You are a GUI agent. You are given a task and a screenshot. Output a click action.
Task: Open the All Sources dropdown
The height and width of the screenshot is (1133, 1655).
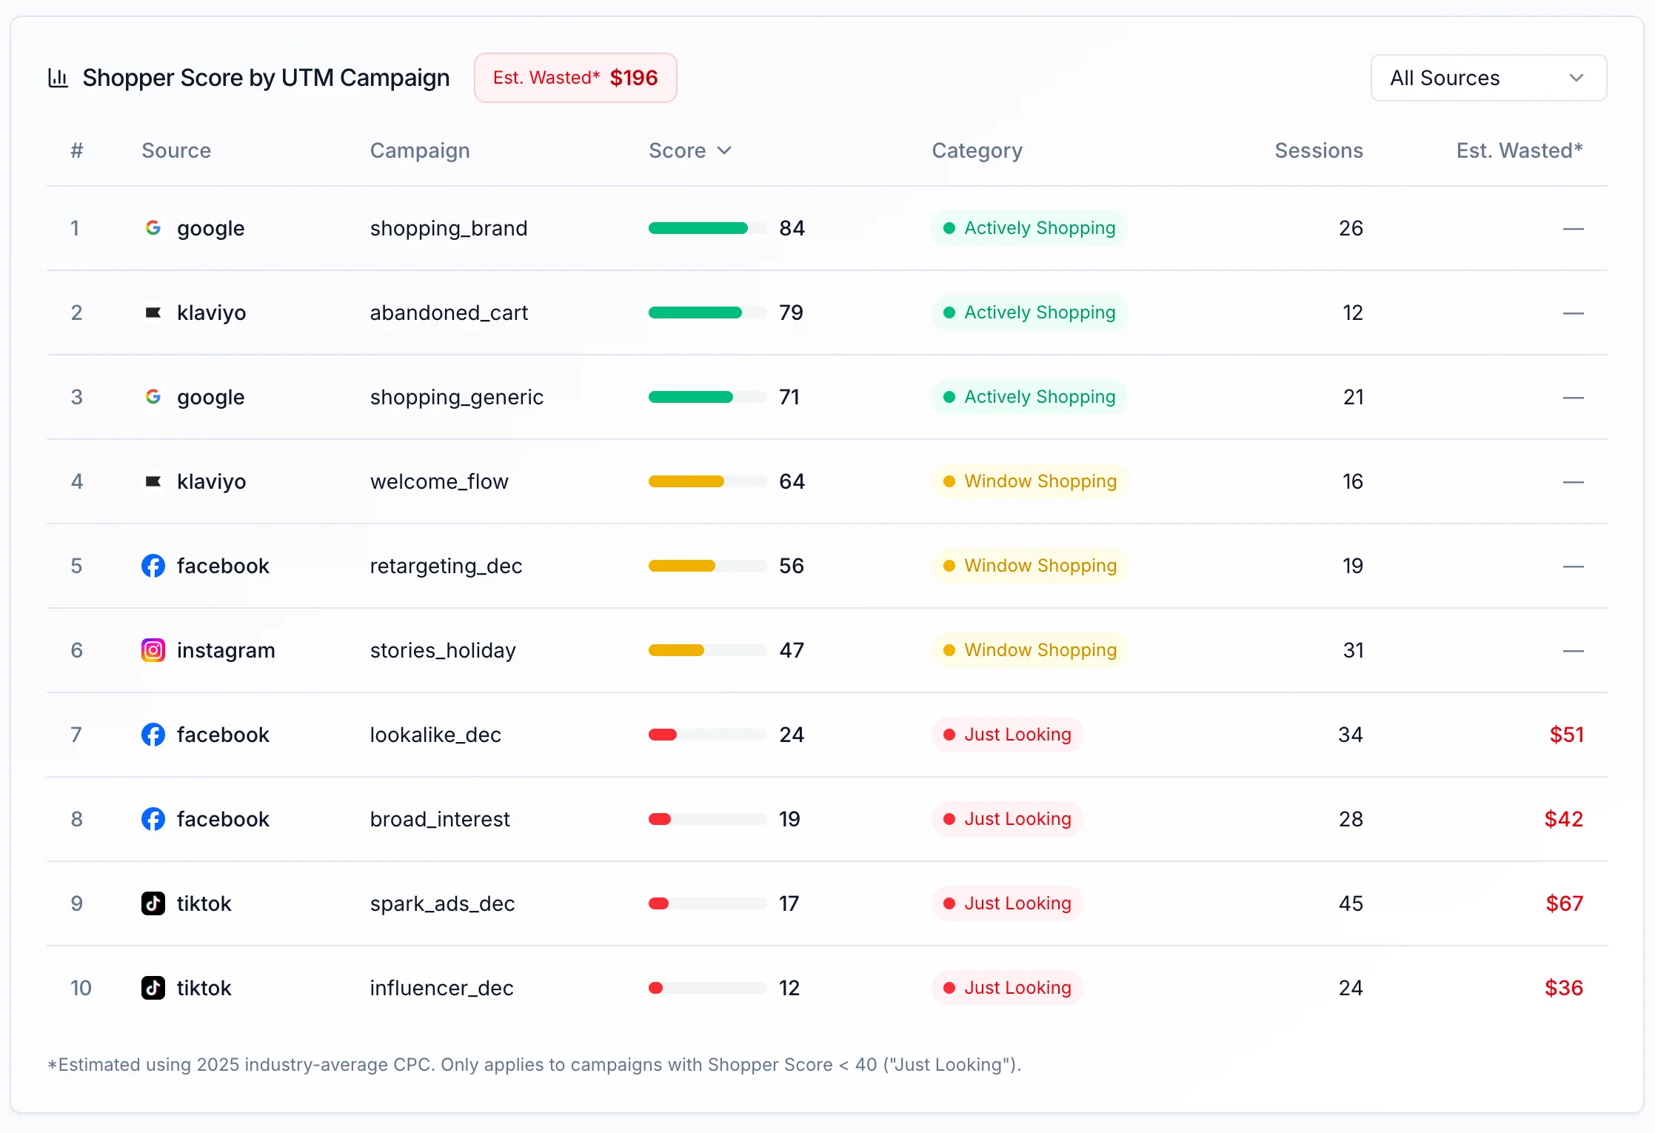[x=1488, y=78]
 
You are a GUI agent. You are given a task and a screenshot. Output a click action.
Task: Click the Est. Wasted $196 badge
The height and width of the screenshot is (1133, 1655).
[x=575, y=78]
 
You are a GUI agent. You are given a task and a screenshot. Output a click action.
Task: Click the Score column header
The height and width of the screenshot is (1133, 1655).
[x=689, y=150]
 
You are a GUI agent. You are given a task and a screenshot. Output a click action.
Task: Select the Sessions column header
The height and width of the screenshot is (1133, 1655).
[x=1318, y=150]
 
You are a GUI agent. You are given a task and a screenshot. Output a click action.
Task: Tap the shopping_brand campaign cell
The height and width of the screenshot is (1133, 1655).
[x=448, y=228]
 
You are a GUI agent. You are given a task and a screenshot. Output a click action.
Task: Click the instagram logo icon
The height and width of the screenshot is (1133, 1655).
[x=153, y=650]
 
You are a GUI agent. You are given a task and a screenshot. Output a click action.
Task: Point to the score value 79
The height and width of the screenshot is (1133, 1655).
[x=791, y=313]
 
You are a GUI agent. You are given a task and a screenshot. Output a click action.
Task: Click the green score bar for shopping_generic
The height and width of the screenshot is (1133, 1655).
[x=691, y=397]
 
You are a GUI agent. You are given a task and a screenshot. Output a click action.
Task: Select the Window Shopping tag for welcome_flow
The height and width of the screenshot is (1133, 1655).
[x=1029, y=481]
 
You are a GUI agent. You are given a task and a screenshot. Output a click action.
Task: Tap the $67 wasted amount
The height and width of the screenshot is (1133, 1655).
[x=1564, y=903]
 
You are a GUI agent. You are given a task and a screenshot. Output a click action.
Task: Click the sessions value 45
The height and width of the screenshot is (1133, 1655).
[x=1351, y=903]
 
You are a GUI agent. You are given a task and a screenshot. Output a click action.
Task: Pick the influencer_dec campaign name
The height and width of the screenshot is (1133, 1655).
[x=441, y=988]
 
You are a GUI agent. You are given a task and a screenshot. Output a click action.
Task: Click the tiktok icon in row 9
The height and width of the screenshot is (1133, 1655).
[x=153, y=903]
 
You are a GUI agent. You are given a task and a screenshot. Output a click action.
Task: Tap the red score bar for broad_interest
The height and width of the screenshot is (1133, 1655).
[x=660, y=819]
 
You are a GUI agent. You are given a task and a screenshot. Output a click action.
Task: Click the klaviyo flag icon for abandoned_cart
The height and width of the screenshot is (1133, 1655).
[x=153, y=313]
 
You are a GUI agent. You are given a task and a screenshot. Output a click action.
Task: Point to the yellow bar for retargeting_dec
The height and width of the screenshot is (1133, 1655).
[x=682, y=566]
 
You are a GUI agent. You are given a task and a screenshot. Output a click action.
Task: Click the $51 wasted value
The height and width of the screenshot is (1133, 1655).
[x=1566, y=735]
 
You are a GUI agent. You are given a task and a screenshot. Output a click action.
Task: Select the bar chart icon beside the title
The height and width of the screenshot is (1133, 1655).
[x=58, y=78]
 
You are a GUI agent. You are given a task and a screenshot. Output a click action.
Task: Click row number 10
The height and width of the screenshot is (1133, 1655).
[x=81, y=988]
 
